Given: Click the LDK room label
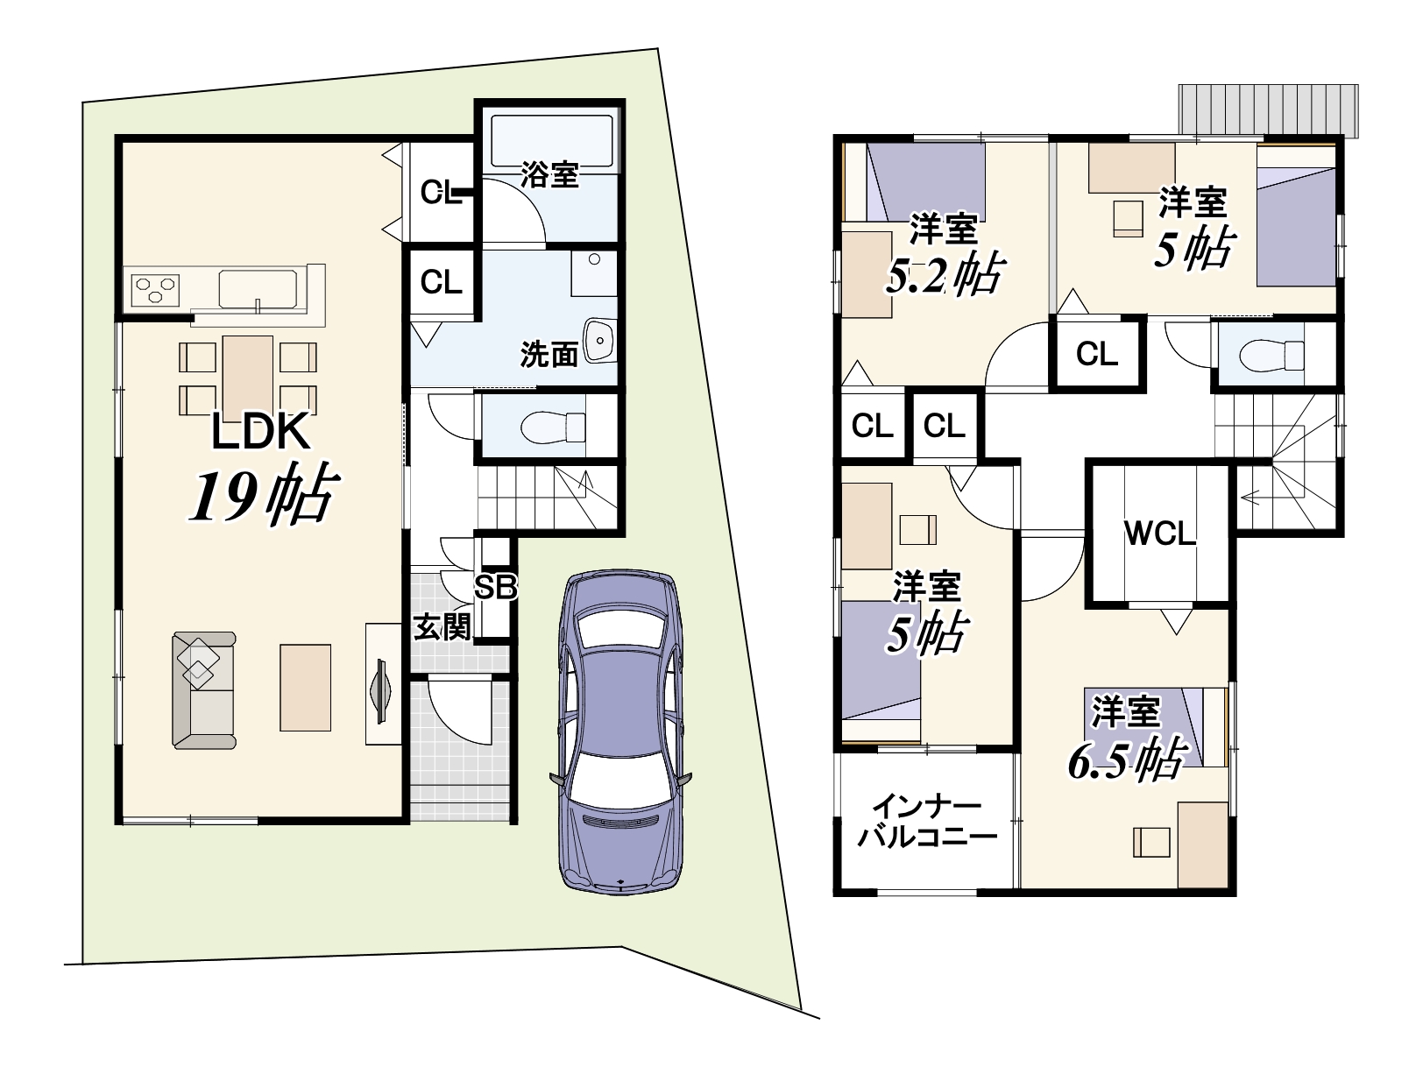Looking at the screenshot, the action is point(260,432).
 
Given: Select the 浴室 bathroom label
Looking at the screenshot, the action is point(549,175).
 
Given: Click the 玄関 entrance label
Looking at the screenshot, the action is point(442,627).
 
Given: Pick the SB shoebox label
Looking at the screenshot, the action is point(496,587).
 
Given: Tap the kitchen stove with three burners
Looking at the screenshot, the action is point(155,289).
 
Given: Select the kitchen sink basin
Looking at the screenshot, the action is point(258,290).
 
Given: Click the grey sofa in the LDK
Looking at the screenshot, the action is point(203,690).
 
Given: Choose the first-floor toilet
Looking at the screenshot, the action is point(553,427).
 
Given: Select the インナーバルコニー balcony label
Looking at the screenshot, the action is point(927,823).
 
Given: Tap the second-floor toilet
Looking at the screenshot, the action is point(1271,355).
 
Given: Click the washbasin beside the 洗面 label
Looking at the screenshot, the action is point(599,340).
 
